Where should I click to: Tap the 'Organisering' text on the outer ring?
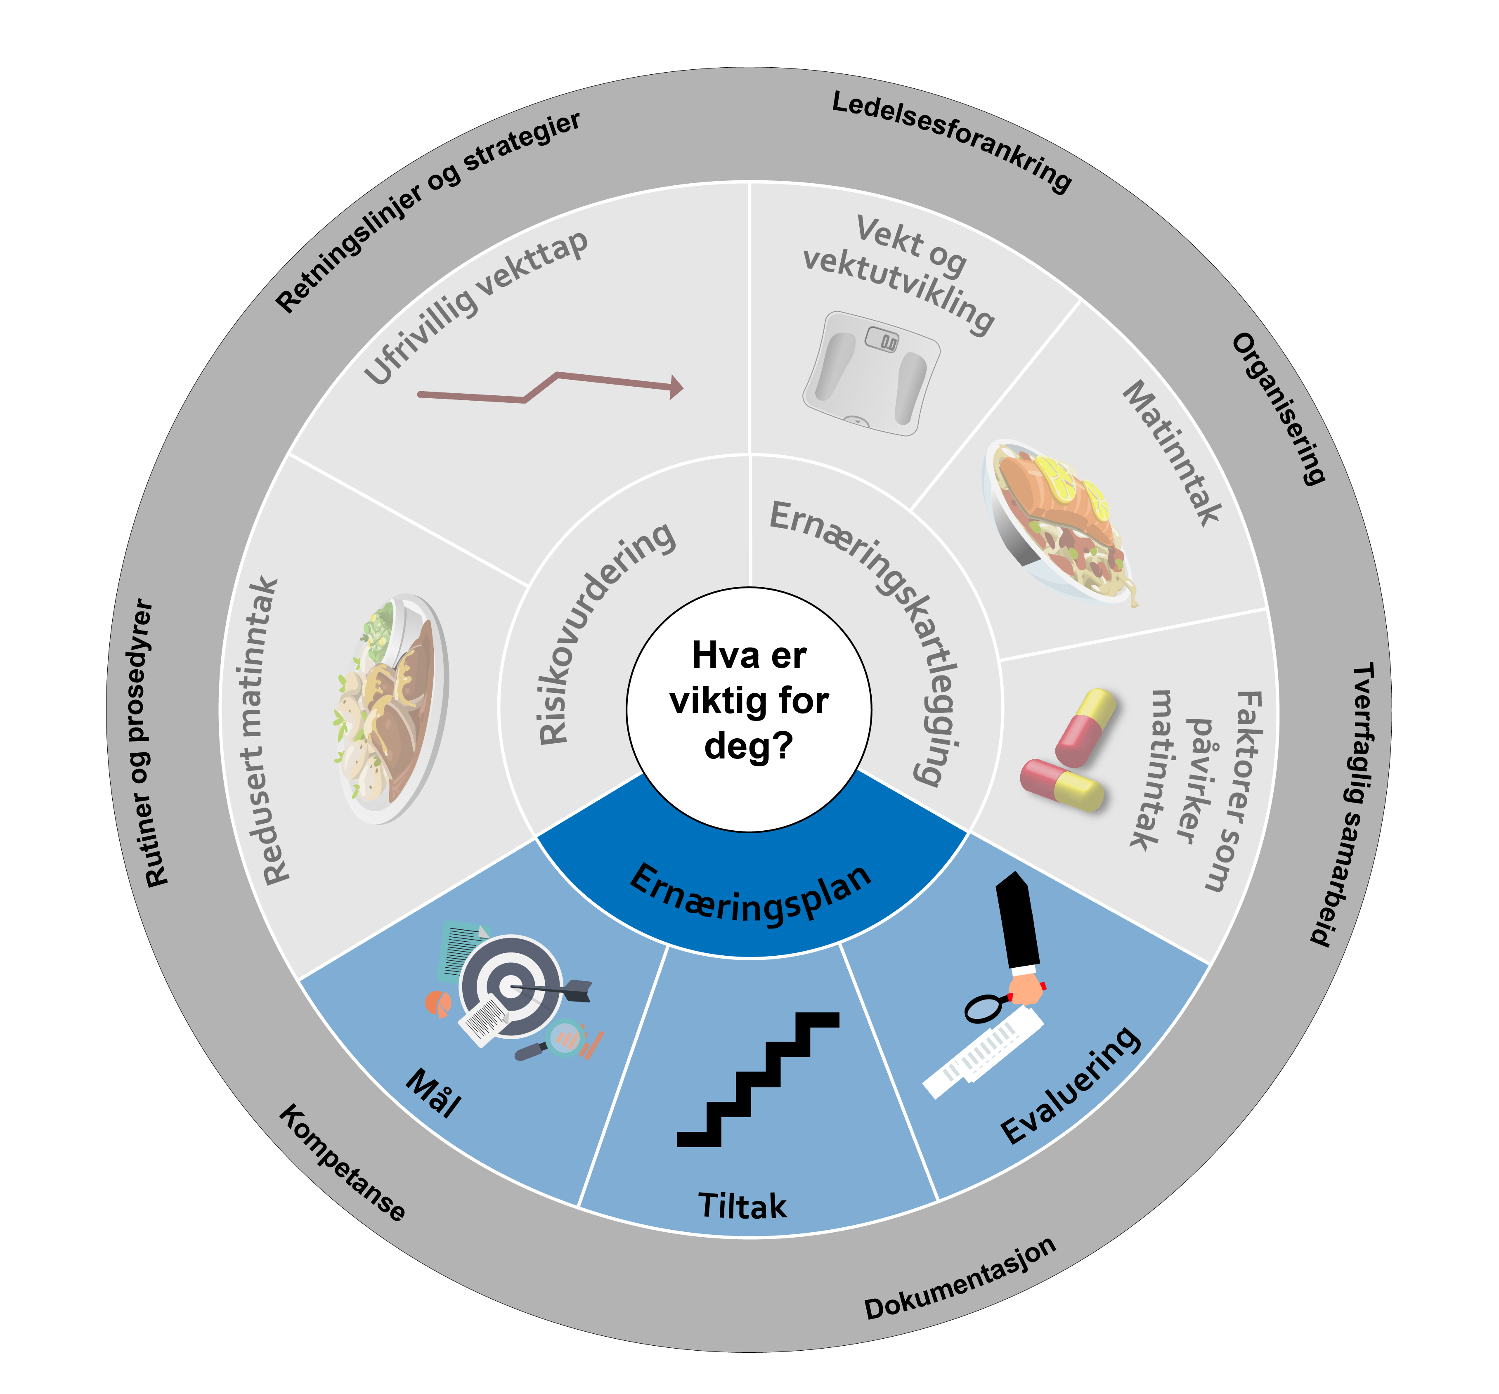point(1278,408)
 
